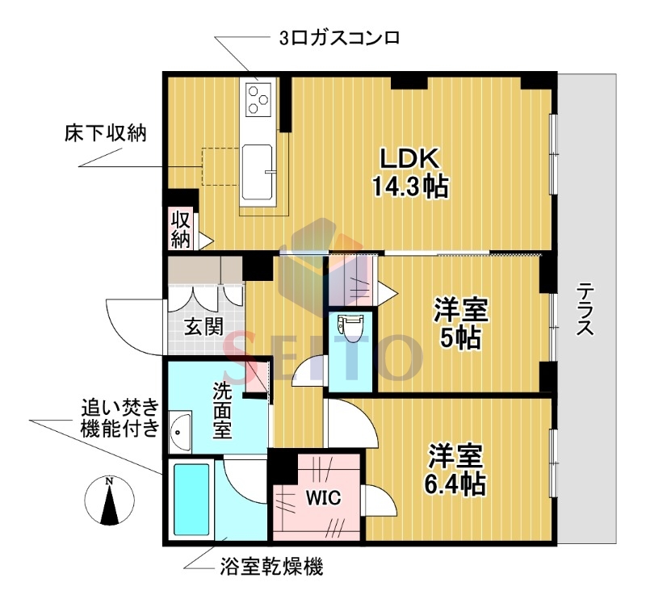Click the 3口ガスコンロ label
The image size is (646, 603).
point(339,37)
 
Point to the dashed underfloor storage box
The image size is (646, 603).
point(220,165)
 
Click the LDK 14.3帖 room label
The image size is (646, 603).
point(409,172)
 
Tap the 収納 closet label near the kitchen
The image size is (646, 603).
point(180,228)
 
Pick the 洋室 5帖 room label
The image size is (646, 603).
point(460,321)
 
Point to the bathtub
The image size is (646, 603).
point(192,500)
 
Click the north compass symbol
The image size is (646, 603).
point(108,500)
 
